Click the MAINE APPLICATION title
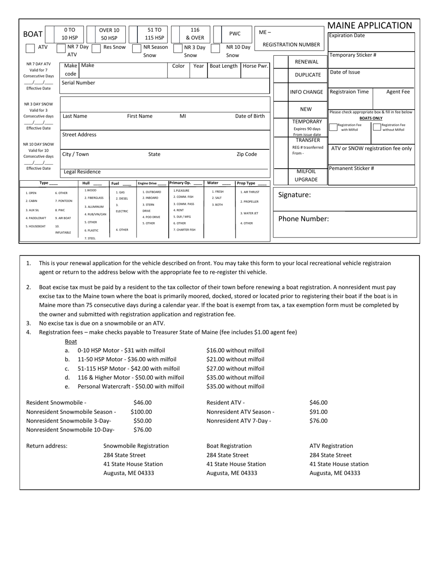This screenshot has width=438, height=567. click(x=369, y=26)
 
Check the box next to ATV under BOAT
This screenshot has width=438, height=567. click(x=30, y=48)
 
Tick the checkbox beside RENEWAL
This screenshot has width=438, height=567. click(x=281, y=62)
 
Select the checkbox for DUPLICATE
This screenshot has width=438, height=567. click(x=281, y=75)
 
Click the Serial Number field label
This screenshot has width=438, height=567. click(x=78, y=83)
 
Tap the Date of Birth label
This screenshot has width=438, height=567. click(x=250, y=116)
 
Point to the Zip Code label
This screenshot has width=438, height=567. click(x=247, y=154)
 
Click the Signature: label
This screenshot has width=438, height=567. click(x=294, y=195)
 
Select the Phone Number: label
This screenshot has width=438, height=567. click(x=303, y=219)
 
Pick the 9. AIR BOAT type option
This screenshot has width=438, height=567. click(x=63, y=218)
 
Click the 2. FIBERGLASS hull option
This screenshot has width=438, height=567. click(x=94, y=198)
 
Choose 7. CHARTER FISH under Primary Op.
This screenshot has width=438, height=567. click(x=184, y=230)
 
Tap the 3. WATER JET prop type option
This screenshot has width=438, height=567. click(x=249, y=213)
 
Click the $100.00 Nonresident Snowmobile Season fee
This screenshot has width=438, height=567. click(x=141, y=412)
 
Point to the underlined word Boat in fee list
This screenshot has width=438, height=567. click(x=71, y=342)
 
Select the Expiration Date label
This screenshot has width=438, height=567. click(x=347, y=35)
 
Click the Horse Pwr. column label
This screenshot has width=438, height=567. click(x=255, y=66)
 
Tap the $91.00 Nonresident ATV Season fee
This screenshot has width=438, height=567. click(x=319, y=412)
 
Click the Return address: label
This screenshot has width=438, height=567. click(x=47, y=446)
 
